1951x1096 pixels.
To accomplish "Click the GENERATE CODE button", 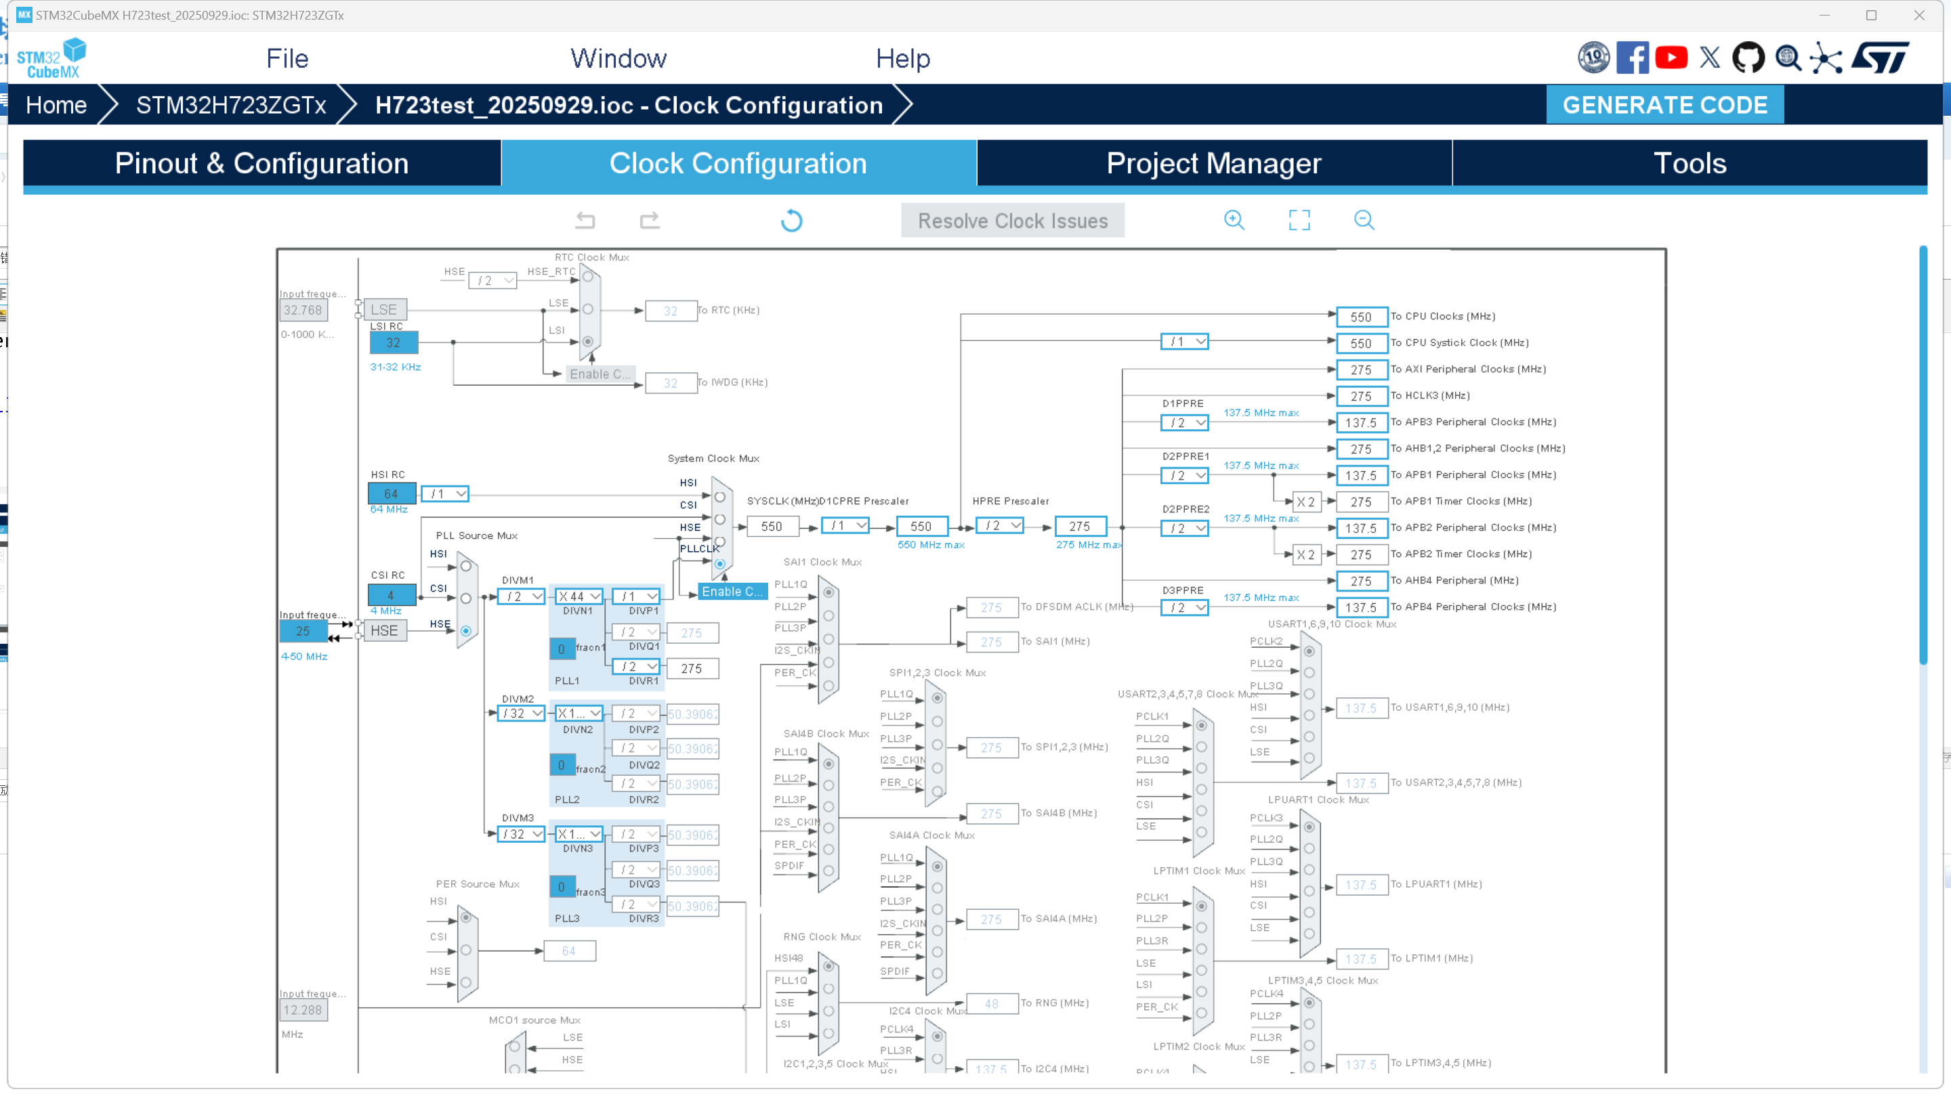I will [1664, 104].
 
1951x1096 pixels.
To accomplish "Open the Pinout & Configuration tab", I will [261, 164].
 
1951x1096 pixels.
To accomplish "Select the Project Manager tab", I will [1213, 164].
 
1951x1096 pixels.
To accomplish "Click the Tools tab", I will [1689, 164].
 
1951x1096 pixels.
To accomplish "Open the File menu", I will [287, 58].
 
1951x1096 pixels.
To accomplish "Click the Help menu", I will [902, 58].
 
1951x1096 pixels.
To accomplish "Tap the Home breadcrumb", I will [56, 104].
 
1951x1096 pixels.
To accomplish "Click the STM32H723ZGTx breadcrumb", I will [231, 104].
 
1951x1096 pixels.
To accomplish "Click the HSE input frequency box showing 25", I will [303, 630].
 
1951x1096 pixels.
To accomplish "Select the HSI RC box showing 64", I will [391, 494].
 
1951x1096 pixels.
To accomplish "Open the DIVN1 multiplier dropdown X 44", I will [579, 596].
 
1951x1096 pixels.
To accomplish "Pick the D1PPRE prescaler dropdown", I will [1183, 422].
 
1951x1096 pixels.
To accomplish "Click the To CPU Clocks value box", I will [1361, 317].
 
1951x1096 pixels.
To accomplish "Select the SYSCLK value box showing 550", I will [771, 526].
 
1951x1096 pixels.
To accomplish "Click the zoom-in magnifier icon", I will [1234, 220].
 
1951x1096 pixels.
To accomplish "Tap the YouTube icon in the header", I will [1671, 58].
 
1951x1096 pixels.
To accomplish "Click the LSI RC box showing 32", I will [393, 342].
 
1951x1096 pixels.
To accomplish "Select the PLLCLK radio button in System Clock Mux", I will [719, 564].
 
